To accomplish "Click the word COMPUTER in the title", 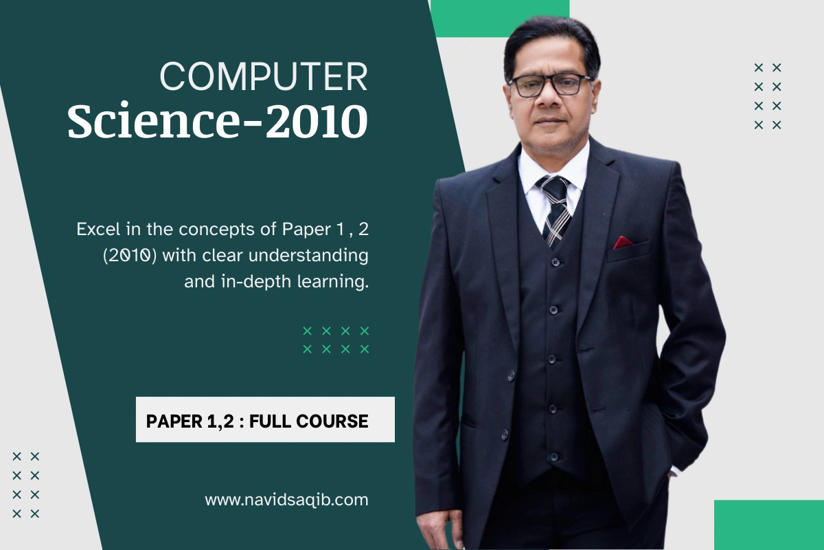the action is point(264,76).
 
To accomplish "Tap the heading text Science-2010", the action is point(218,121).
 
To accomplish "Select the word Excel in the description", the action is point(98,230).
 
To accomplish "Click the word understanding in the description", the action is point(308,255).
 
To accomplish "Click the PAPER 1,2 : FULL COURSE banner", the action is point(265,419).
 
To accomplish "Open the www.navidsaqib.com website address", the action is point(286,500).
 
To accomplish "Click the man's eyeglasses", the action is point(550,85).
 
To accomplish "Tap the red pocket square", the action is point(622,242).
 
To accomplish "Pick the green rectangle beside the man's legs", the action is point(769,525).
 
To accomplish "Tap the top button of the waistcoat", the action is point(556,262).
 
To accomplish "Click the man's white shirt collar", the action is point(553,168).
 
